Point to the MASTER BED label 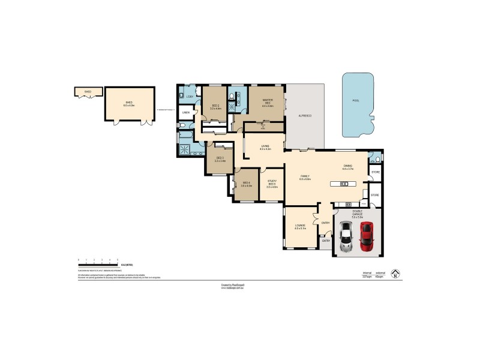coord(260,101)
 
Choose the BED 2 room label coord(215,107)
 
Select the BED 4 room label coord(246,185)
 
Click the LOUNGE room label coord(300,226)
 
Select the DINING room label coord(348,168)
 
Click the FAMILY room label coord(304,176)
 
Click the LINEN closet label coord(186,112)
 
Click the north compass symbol coord(394,274)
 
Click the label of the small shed coord(87,92)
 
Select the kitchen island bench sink coord(344,184)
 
